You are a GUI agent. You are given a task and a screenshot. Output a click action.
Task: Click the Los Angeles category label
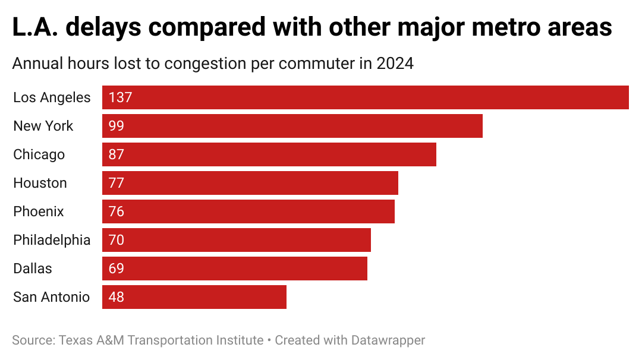[52, 97]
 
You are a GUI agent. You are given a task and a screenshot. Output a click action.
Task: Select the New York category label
[43, 126]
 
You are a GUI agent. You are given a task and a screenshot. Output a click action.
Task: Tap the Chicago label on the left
[39, 154]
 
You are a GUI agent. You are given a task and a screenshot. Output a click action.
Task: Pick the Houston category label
[40, 183]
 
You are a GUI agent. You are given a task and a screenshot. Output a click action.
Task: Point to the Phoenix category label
[39, 211]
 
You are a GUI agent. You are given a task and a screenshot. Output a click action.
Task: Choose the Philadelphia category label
[52, 240]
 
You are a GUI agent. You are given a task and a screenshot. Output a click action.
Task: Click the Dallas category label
[33, 269]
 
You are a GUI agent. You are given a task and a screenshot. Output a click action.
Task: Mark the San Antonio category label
[51, 297]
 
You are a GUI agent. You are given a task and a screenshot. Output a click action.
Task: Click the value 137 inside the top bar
[120, 97]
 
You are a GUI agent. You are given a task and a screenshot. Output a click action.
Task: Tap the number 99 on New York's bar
[117, 126]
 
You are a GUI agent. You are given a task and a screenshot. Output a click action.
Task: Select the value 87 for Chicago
[117, 154]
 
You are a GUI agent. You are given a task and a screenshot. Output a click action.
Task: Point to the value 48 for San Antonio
[117, 297]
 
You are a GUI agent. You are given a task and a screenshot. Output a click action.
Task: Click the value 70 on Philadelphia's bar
[117, 240]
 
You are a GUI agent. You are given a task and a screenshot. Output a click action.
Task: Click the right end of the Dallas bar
[366, 269]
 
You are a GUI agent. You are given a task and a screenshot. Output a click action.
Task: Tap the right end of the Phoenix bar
[394, 211]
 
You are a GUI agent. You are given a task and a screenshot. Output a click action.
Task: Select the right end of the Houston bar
[397, 183]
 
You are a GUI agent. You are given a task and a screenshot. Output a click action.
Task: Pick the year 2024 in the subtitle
[395, 64]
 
